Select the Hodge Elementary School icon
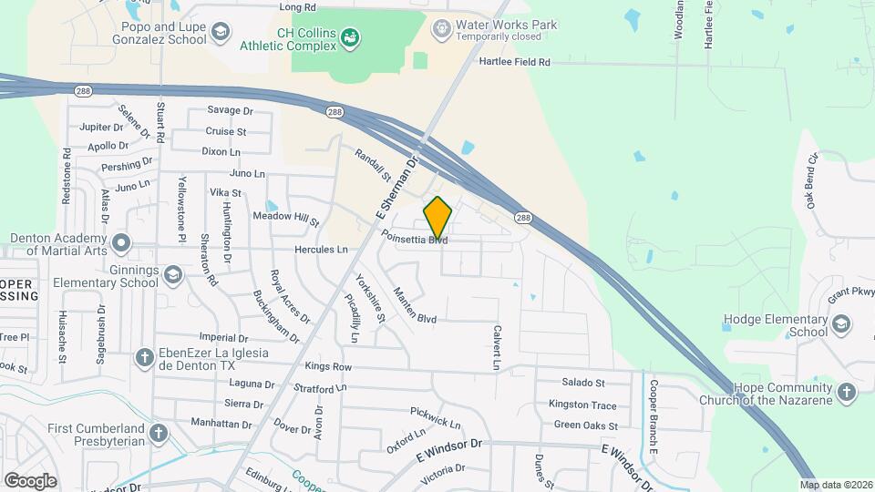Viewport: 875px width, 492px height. pos(841,325)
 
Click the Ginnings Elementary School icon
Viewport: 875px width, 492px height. pos(172,274)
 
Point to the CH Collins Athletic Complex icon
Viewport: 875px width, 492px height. pos(350,36)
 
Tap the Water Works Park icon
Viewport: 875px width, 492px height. pos(442,29)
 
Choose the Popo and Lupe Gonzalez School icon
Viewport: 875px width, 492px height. pos(219,34)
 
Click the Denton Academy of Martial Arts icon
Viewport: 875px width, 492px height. pos(120,244)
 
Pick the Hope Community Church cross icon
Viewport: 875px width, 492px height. pos(846,394)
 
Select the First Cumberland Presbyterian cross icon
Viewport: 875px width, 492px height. pos(160,434)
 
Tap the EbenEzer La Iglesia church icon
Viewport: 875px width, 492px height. pos(144,358)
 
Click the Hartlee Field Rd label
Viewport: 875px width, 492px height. pos(515,63)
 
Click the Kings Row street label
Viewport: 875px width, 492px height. pos(329,366)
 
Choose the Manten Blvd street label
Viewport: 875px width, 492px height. pos(414,305)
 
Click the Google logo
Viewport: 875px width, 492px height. pos(30,480)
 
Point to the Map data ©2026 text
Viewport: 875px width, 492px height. pos(836,485)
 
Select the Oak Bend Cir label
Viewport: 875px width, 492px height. pos(813,185)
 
